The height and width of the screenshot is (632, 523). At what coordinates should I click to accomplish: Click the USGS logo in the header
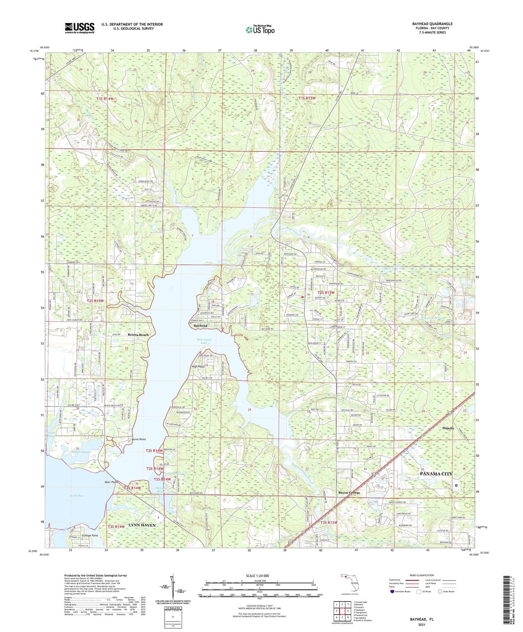pos(80,28)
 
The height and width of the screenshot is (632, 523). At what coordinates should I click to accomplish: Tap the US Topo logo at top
pos(260,30)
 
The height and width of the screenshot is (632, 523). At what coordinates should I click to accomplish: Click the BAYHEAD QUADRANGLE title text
pos(432,24)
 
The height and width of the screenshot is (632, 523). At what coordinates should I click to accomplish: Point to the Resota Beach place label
pos(138,335)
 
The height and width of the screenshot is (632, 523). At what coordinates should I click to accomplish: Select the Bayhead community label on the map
pos(201,326)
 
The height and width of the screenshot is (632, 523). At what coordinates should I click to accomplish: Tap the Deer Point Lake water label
pos(204,341)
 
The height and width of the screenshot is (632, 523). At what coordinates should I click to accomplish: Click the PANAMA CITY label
pos(436,474)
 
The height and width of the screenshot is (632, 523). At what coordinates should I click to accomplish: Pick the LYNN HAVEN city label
pos(142,525)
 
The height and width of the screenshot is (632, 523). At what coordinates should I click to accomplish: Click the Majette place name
pos(448,428)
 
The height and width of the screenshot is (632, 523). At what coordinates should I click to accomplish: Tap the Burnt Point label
pos(139,439)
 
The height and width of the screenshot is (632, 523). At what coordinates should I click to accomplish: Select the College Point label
pos(90,535)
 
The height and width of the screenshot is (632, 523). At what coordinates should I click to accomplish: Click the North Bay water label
pos(77,496)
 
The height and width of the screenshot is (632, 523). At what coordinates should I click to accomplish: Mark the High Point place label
pos(198,367)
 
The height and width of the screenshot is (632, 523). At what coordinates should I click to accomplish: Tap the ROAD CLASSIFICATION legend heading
pos(421,575)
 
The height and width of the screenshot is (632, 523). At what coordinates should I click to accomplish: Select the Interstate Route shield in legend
pos(393,591)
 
